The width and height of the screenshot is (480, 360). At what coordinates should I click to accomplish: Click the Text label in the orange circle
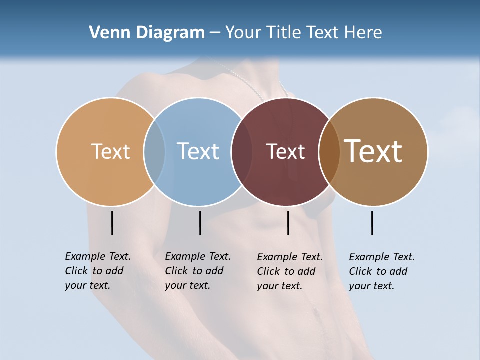[110, 151]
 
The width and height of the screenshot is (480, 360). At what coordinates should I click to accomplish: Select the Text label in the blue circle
[198, 151]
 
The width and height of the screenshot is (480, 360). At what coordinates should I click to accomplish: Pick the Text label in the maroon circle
[285, 152]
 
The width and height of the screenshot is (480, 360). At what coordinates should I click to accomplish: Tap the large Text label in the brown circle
[373, 151]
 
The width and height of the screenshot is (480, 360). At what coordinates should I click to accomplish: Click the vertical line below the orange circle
[112, 223]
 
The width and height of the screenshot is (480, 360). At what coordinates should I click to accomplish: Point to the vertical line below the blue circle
[200, 223]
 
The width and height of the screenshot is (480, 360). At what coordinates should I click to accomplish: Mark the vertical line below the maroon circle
[288, 223]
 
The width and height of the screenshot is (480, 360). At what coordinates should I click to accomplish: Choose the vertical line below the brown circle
[372, 223]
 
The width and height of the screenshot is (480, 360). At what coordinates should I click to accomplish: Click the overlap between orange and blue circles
[154, 152]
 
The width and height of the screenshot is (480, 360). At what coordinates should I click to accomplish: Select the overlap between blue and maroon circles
[242, 152]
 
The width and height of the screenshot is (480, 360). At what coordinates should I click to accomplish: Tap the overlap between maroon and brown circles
[329, 152]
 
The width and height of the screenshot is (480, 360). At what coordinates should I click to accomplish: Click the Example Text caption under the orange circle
[98, 271]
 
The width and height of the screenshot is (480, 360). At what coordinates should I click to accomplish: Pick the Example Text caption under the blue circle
[198, 271]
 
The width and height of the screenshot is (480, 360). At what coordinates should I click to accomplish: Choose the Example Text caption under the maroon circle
[290, 271]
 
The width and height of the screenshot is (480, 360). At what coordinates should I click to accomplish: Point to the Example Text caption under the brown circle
[382, 271]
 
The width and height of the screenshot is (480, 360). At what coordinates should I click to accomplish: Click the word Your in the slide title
[242, 33]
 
